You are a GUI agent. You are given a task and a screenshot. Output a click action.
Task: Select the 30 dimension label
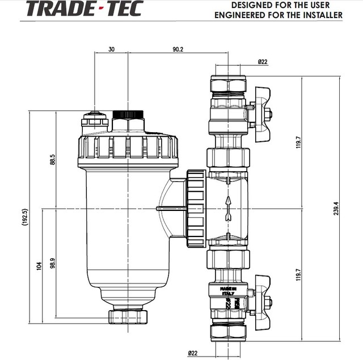[111, 50]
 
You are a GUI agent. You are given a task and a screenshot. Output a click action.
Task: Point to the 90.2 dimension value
[178, 50]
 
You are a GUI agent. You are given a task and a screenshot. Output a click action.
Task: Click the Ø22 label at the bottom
[193, 353]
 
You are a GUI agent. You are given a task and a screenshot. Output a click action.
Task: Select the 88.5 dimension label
[53, 160]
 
